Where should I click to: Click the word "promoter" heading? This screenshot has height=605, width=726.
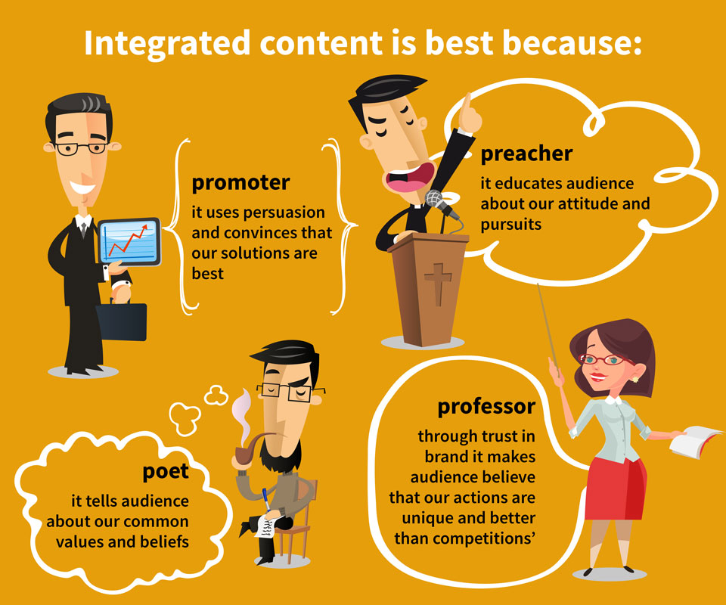tap(240, 183)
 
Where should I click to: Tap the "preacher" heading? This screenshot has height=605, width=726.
tap(526, 154)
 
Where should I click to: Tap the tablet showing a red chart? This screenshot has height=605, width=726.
tap(129, 242)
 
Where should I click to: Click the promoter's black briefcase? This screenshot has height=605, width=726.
tap(121, 321)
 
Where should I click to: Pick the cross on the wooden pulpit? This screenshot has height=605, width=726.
tap(438, 284)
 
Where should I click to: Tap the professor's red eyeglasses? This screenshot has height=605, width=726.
tap(604, 359)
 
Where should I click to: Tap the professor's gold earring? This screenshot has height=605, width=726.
tap(635, 380)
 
